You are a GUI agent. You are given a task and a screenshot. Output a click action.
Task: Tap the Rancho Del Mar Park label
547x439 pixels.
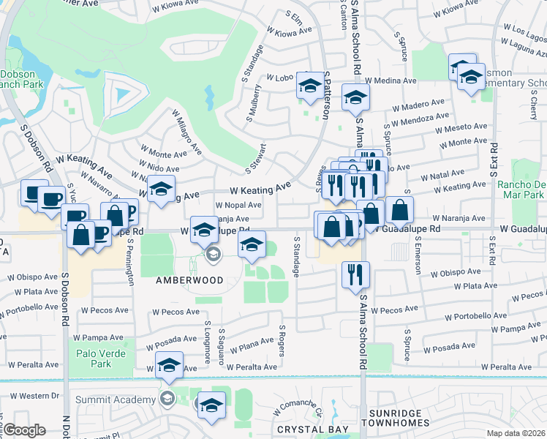520,190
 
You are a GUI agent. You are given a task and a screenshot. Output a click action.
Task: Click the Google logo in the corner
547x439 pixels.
24,430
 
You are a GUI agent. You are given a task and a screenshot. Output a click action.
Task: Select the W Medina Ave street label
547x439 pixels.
391,80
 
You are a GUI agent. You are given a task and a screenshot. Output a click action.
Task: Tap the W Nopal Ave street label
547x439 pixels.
238,206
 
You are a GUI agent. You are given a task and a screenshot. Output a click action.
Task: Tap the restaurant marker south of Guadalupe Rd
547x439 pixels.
352,274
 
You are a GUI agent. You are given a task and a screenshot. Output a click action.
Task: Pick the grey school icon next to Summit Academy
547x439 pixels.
167,399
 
